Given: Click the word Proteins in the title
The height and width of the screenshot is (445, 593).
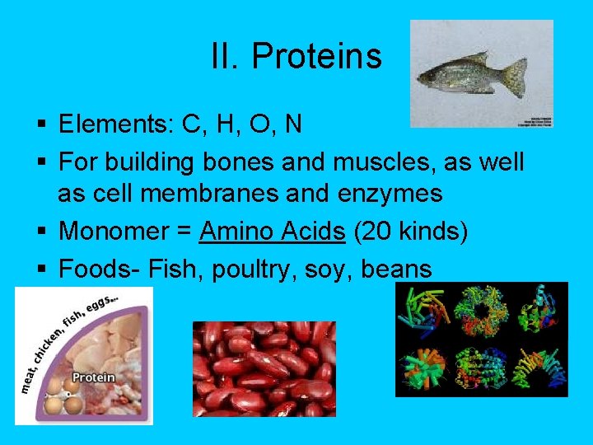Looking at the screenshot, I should (x=316, y=56).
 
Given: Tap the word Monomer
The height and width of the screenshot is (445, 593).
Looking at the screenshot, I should (x=120, y=232).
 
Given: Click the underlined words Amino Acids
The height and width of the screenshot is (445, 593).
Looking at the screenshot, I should (x=272, y=232).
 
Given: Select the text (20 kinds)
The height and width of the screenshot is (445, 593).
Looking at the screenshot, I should (x=410, y=232).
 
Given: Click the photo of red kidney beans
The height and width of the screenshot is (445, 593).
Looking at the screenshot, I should (x=264, y=368).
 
